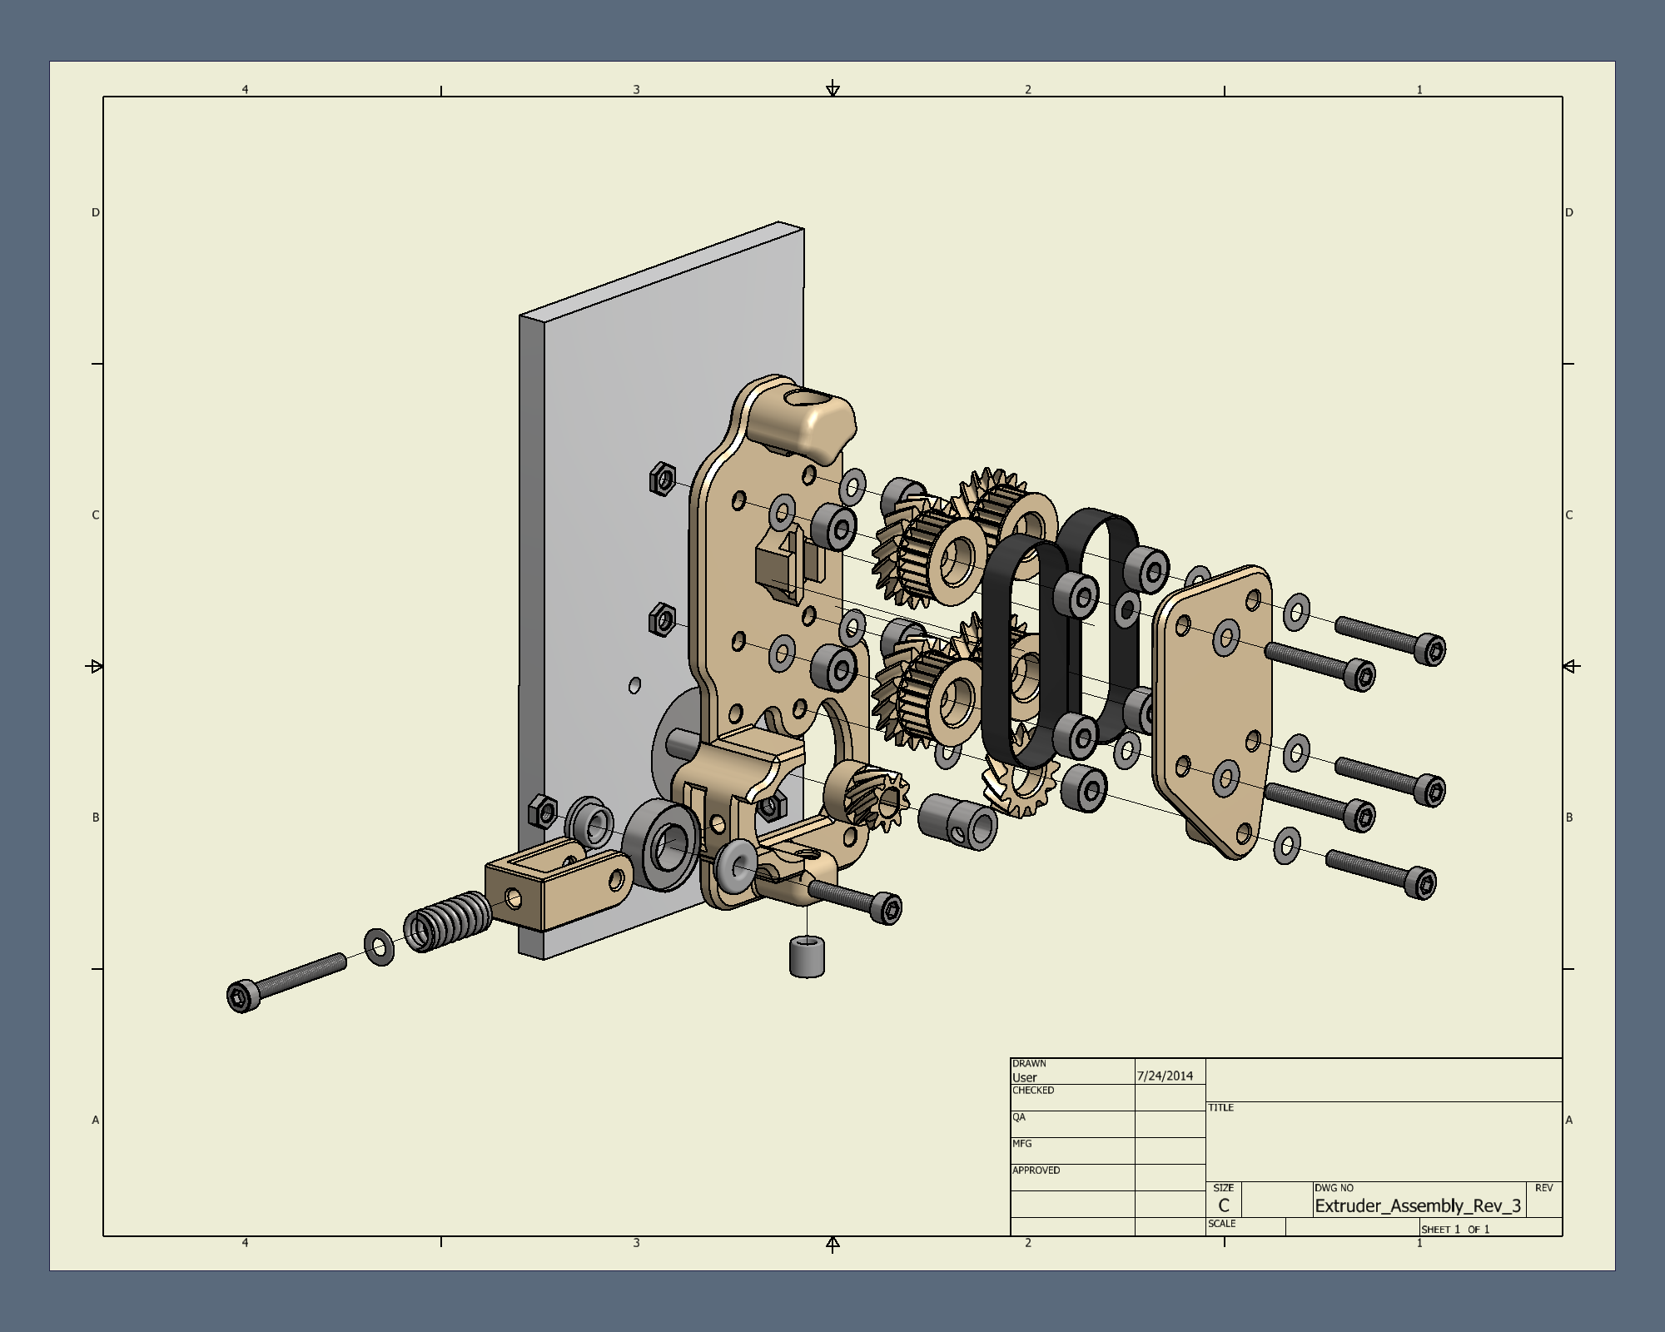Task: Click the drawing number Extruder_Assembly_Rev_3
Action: click(x=1418, y=1205)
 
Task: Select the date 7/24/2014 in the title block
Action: click(x=1165, y=1076)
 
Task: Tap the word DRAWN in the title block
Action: click(x=1029, y=1063)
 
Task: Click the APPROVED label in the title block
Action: click(x=1036, y=1170)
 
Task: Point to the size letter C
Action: click(x=1223, y=1205)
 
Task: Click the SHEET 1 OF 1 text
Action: click(x=1455, y=1229)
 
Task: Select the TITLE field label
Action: click(x=1220, y=1107)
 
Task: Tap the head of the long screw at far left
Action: click(x=242, y=996)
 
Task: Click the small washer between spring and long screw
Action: click(x=380, y=947)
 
